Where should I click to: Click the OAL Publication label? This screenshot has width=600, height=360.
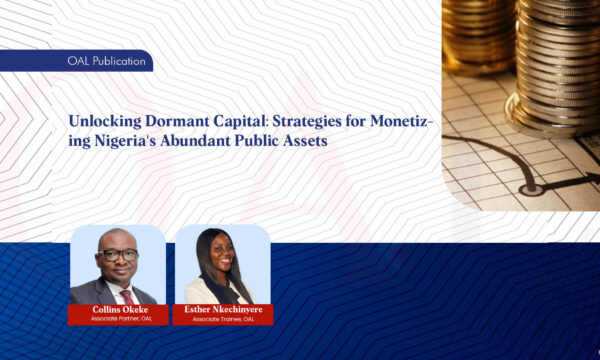click(104, 62)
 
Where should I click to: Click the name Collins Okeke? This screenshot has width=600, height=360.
click(117, 309)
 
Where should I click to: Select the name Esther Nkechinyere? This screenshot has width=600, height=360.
click(224, 309)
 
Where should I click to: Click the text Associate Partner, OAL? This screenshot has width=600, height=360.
click(117, 319)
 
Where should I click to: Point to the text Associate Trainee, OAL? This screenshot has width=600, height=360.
click(224, 319)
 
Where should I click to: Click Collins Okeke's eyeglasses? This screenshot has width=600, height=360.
click(119, 254)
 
